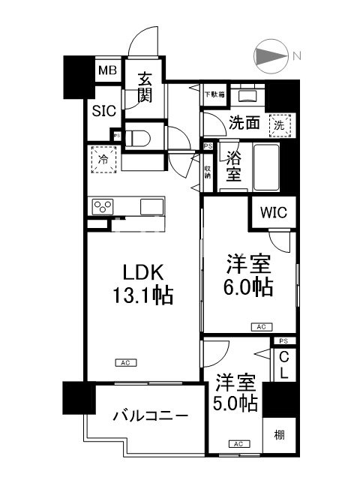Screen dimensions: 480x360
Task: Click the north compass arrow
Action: [270, 57]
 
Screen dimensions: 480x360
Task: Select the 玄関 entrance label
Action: [144, 87]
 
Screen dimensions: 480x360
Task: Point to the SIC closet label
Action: [103, 111]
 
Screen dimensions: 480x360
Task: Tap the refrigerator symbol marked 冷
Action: [103, 160]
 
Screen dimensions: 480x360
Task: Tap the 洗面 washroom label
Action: [244, 123]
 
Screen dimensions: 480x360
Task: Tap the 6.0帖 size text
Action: [249, 286]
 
